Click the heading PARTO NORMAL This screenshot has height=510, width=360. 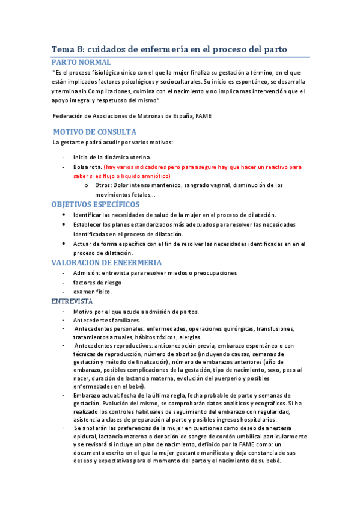point(81,62)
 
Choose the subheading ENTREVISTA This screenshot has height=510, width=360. point(72,300)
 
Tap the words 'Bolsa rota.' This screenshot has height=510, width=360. point(87,167)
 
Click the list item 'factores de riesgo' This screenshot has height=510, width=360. point(97,282)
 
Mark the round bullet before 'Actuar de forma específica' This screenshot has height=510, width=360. point(64,244)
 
